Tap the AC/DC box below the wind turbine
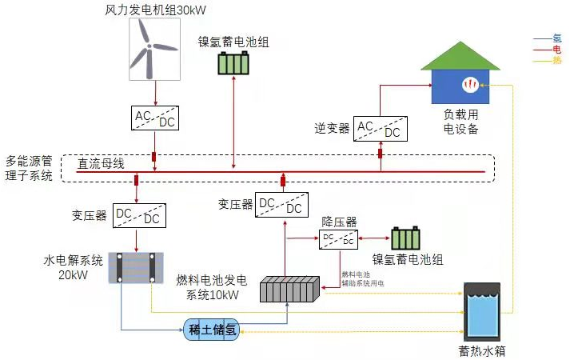click(x=155, y=119)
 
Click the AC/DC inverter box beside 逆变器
click(x=380, y=128)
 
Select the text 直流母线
click(x=101, y=164)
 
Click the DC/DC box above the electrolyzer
click(x=138, y=216)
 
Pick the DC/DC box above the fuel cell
click(x=281, y=205)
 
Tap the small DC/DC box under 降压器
click(x=338, y=238)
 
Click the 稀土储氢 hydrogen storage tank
click(x=212, y=330)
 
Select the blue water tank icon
click(x=482, y=310)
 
